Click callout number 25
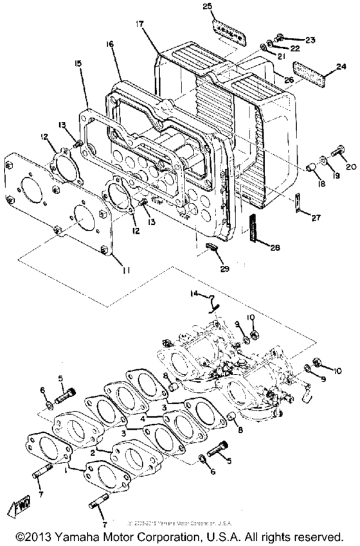click(x=208, y=7)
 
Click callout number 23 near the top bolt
click(x=310, y=40)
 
